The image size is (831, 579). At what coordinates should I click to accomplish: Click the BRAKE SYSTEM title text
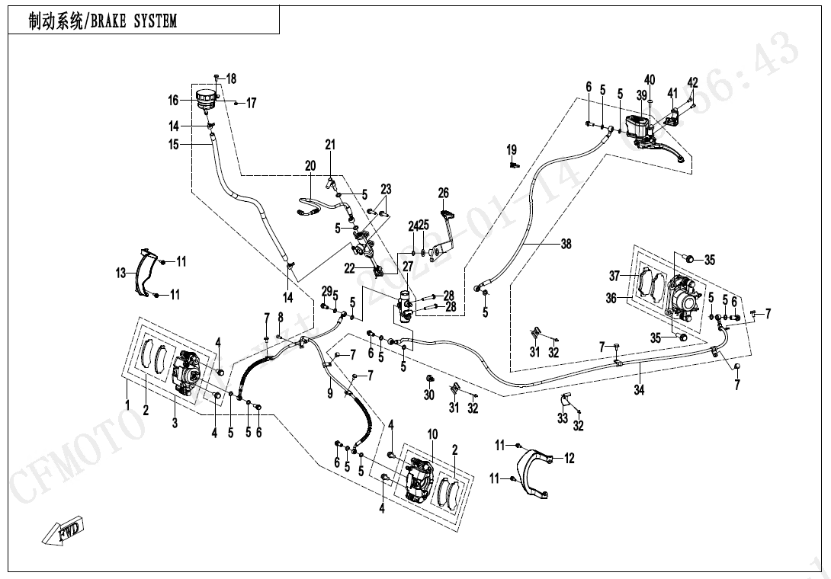pyautogui.click(x=103, y=21)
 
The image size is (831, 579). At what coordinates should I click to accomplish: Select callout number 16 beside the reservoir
pyautogui.click(x=173, y=100)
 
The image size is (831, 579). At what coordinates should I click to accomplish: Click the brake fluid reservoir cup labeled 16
pyautogui.click(x=205, y=99)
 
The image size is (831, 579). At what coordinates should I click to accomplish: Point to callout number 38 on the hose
pyautogui.click(x=565, y=245)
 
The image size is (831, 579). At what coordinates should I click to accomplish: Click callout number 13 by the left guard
pyautogui.click(x=120, y=273)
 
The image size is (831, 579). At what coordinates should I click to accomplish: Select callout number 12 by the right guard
pyautogui.click(x=569, y=458)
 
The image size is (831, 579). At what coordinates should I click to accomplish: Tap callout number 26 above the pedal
pyautogui.click(x=444, y=193)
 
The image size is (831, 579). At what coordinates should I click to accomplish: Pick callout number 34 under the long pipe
pyautogui.click(x=639, y=390)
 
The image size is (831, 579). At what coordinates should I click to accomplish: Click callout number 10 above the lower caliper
pyautogui.click(x=432, y=434)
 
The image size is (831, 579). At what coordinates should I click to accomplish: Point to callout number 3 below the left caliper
pyautogui.click(x=175, y=423)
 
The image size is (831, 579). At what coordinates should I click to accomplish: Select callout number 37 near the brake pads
pyautogui.click(x=615, y=275)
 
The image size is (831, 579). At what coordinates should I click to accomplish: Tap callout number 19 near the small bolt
pyautogui.click(x=512, y=149)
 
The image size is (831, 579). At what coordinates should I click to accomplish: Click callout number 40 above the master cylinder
pyautogui.click(x=650, y=80)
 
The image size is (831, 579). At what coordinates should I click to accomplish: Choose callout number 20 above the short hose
pyautogui.click(x=310, y=165)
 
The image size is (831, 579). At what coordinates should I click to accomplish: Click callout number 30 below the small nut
pyautogui.click(x=429, y=395)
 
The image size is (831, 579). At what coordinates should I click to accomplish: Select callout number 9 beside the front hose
pyautogui.click(x=330, y=393)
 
